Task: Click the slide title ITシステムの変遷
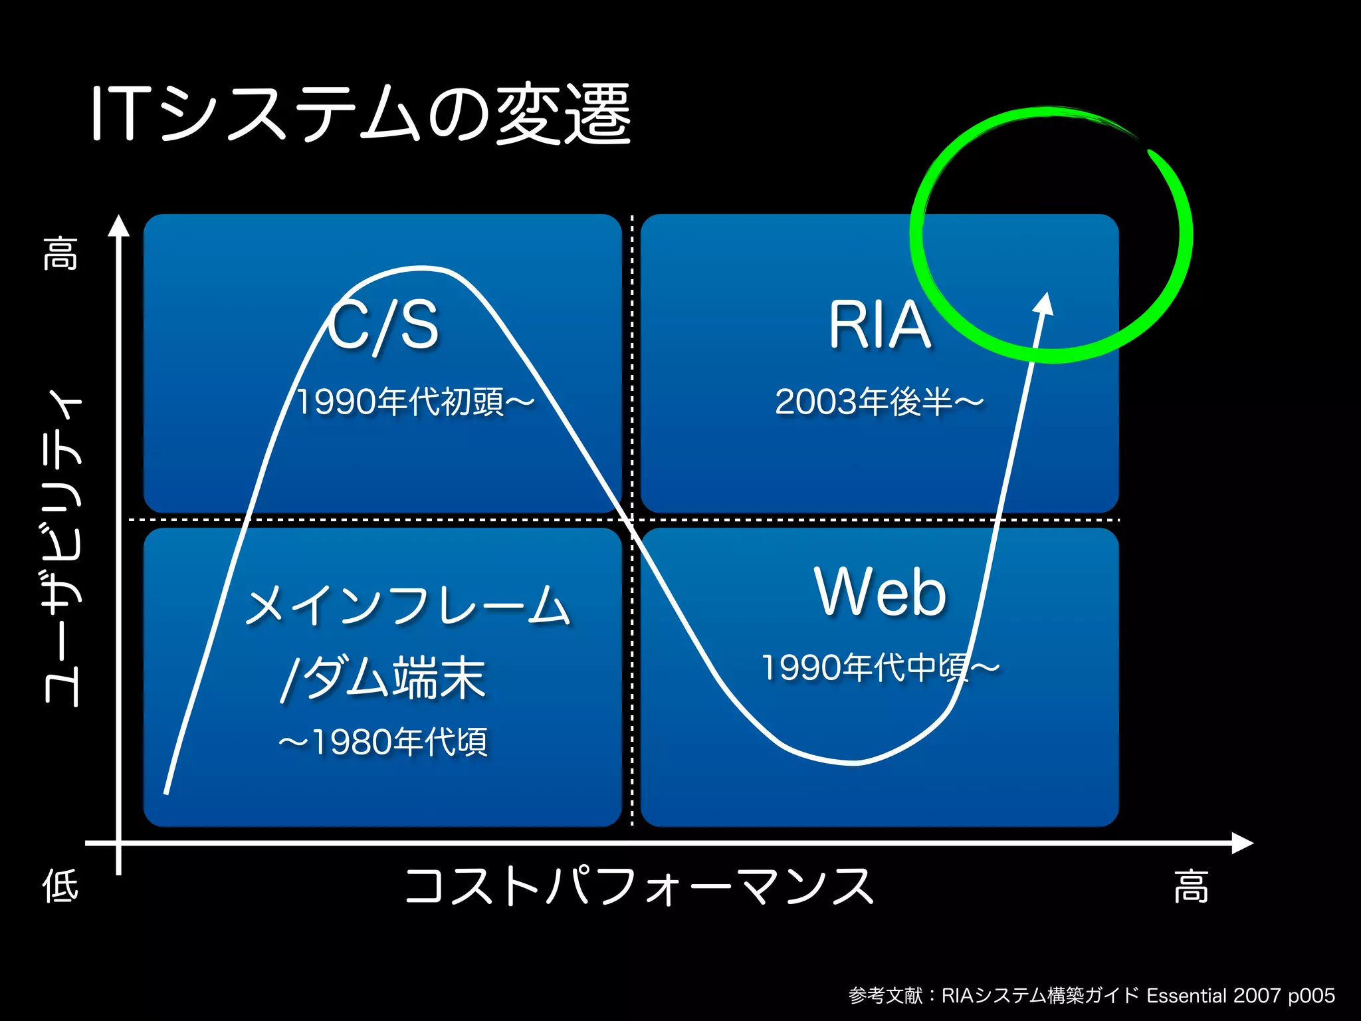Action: [361, 114]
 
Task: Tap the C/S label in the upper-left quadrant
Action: [383, 325]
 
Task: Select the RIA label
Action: [879, 325]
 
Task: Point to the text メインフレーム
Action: [407, 606]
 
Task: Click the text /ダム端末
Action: [383, 678]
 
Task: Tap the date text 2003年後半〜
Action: [879, 402]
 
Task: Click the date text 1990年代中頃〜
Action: [880, 667]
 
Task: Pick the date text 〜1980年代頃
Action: [383, 742]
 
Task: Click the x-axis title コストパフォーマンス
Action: [639, 887]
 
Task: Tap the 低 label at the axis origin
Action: [60, 886]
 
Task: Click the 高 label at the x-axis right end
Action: [1191, 887]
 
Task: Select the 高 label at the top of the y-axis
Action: [61, 253]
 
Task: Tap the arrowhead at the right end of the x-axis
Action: [1243, 843]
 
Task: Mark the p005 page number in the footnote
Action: [1311, 996]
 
